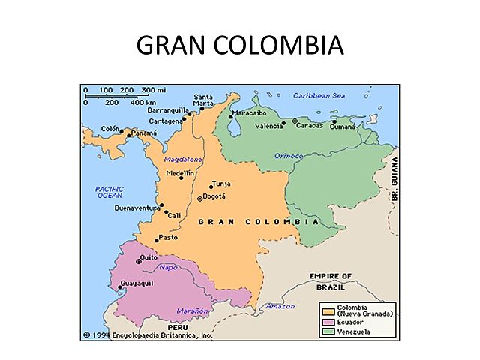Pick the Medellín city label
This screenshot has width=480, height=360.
[180, 173]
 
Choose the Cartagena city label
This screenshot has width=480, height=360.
[165, 121]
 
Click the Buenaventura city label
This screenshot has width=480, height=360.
[137, 207]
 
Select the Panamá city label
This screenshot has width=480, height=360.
[144, 133]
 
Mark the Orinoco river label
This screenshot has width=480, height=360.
[288, 156]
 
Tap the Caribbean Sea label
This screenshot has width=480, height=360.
[319, 96]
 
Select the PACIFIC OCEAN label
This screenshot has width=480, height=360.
[109, 191]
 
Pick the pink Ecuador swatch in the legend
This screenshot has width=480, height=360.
[328, 320]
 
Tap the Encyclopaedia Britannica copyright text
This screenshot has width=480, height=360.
[148, 335]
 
